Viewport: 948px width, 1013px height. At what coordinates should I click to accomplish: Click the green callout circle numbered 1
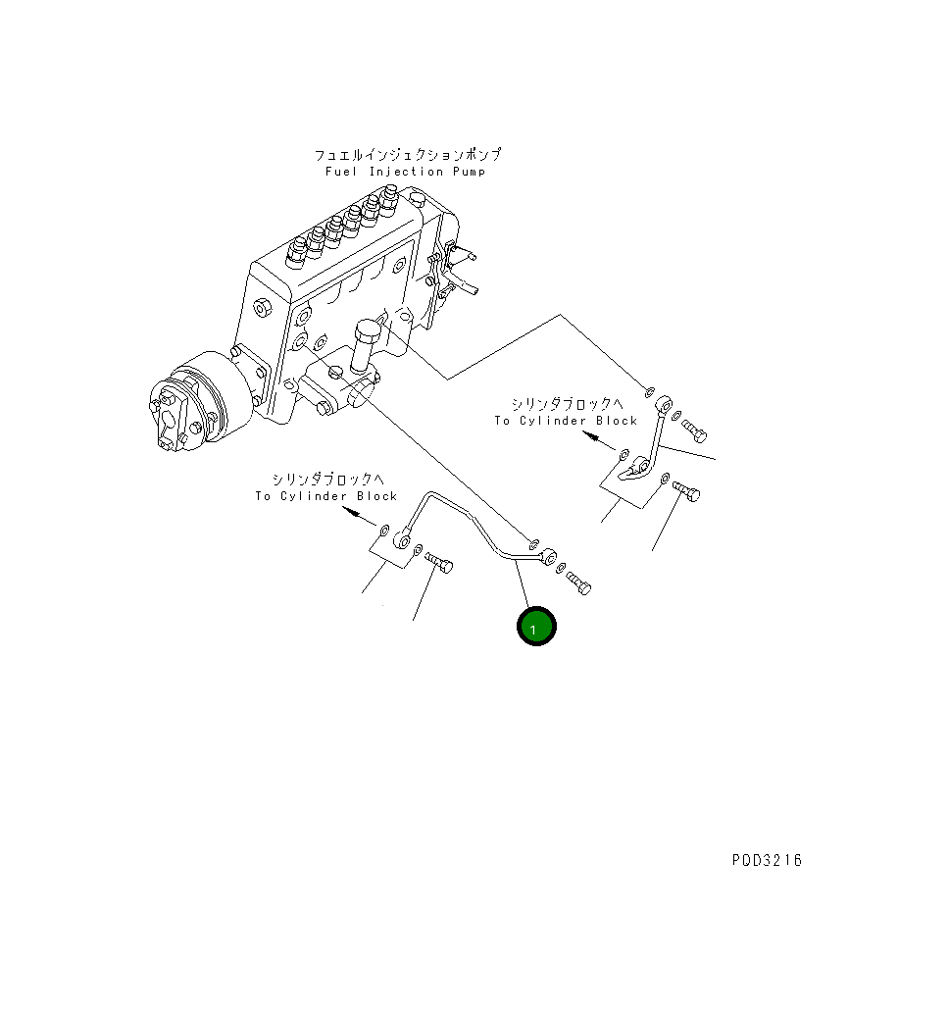point(536,628)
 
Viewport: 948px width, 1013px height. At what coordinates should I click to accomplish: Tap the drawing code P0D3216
point(766,861)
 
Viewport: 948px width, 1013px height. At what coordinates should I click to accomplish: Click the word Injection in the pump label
point(405,172)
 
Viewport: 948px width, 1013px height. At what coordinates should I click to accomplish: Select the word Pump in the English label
point(468,172)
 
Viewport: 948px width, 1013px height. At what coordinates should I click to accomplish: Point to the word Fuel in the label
point(342,172)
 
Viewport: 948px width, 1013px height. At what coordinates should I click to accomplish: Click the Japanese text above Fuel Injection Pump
point(407,155)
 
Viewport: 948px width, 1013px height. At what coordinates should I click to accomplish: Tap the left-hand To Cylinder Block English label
point(326,496)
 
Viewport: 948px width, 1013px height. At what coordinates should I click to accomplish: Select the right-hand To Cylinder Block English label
point(566,421)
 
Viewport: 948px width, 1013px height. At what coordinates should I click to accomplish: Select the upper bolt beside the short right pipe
point(693,428)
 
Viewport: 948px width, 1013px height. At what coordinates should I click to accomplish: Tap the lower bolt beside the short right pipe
point(686,491)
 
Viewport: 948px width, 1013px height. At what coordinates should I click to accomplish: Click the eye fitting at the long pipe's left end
point(402,538)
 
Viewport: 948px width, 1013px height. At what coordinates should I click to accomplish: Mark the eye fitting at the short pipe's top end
point(664,402)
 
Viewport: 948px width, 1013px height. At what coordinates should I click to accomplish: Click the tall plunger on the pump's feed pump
point(368,342)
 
